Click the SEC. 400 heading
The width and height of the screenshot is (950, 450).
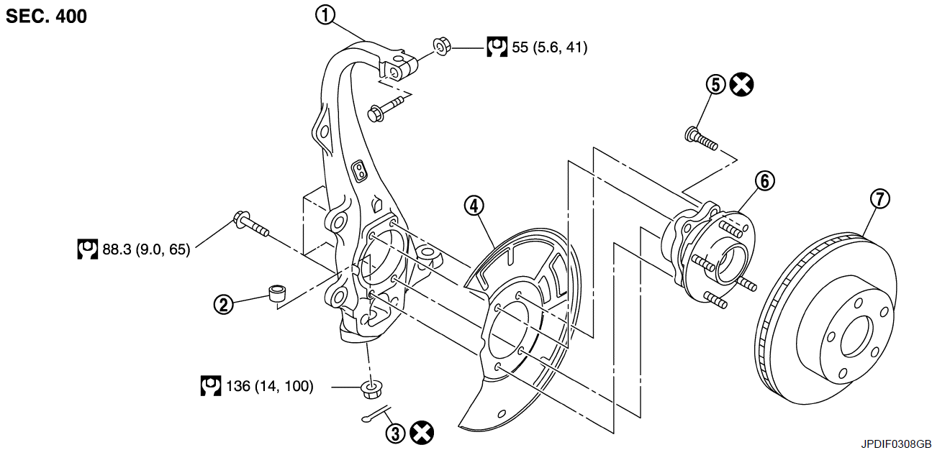point(46,16)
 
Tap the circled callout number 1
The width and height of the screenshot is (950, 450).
point(325,15)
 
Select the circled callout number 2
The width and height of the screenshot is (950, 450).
point(224,304)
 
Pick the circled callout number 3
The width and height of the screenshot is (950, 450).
point(395,433)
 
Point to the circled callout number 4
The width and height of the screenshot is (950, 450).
point(474,206)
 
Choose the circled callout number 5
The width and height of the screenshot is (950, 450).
point(716,85)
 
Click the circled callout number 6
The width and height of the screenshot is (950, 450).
point(764,181)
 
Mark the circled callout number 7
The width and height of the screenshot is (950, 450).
point(880,198)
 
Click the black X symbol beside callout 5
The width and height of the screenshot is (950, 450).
point(742,85)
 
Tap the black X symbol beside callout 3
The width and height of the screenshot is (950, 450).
point(422,433)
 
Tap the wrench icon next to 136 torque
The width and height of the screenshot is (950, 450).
point(211,385)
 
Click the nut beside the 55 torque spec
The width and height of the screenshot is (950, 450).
point(442,47)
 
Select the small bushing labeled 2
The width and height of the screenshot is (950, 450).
point(278,293)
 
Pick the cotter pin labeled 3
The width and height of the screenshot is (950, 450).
point(376,413)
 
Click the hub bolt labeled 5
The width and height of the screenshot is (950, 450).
point(702,139)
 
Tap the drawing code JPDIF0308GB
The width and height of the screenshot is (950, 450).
point(896,444)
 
